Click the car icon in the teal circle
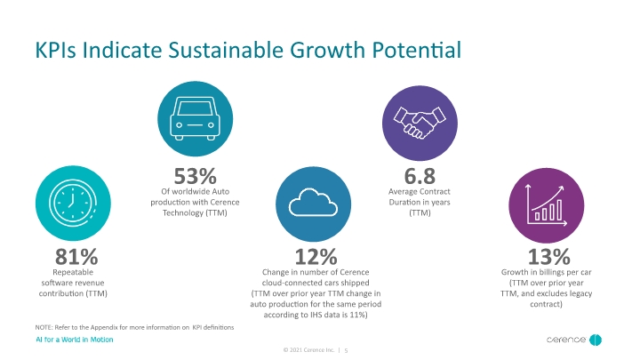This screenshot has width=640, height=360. (195, 118)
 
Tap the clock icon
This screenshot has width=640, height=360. (73, 203)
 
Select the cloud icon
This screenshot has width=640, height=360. (313, 203)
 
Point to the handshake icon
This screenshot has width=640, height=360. (420, 123)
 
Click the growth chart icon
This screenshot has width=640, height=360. (546, 205)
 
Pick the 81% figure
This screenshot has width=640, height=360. (76, 257)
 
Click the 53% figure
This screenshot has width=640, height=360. (195, 176)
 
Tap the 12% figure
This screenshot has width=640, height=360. (316, 257)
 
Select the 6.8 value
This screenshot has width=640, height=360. (420, 176)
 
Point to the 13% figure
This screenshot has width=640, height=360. (549, 257)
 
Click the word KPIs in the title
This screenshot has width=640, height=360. (55, 50)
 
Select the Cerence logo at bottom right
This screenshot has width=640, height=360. (574, 340)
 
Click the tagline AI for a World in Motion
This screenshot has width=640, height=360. (75, 340)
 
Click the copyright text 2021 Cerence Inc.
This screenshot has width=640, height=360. (312, 350)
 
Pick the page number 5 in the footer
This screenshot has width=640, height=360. (346, 350)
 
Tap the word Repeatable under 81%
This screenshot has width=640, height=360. (73, 272)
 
